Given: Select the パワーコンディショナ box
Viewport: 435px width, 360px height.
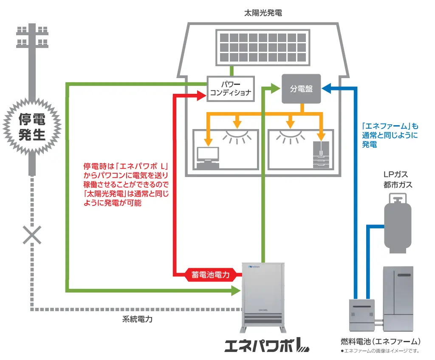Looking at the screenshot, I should pos(230,89).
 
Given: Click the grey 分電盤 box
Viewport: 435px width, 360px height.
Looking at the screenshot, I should pos(301,89).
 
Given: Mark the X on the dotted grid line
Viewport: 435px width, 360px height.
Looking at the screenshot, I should pos(32,234).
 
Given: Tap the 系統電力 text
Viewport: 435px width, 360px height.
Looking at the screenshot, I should pos(134,319).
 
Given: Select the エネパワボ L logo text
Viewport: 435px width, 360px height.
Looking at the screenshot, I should pos(266,345).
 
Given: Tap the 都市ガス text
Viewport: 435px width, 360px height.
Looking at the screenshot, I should pos(397,185).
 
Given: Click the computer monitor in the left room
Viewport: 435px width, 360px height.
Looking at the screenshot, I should pos(208,155).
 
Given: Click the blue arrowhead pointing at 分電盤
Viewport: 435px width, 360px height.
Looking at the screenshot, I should pos(327,89).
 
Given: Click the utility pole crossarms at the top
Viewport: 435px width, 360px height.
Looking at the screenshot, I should pos(32,36).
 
